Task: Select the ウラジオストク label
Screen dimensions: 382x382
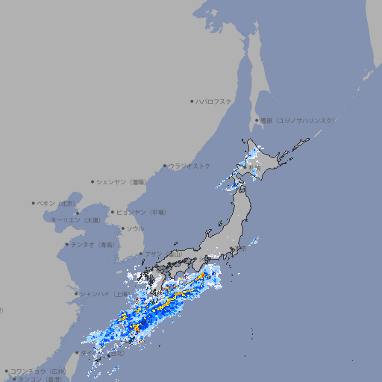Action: click(190, 166)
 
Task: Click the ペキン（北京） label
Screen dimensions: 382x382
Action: click(57, 203)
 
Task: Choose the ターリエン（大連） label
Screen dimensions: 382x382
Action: click(75, 220)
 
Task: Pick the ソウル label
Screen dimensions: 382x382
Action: click(135, 228)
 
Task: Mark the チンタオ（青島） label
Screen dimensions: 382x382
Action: click(93, 244)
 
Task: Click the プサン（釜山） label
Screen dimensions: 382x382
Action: click(163, 254)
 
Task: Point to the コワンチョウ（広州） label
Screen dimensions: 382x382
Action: click(38, 371)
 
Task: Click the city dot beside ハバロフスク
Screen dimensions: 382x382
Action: click(192, 101)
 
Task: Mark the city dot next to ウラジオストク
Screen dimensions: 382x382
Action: click(165, 166)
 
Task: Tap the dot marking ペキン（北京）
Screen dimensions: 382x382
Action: click(34, 203)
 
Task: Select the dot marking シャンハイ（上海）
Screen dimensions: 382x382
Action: click(76, 294)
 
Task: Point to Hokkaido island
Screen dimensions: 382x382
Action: click(261, 160)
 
